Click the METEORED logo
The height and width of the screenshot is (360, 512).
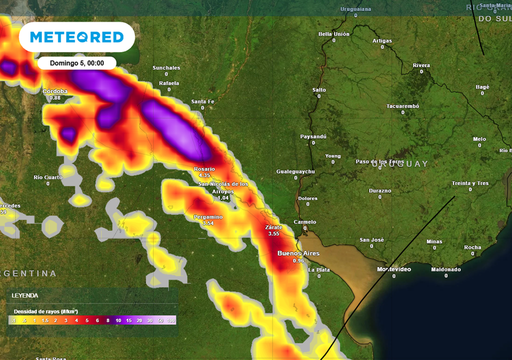point(76,37)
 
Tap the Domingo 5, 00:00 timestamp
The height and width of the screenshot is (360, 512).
point(77,63)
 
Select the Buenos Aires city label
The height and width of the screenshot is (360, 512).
point(298,253)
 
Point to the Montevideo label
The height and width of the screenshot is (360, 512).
point(394,269)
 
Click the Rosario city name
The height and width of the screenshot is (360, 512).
point(204,169)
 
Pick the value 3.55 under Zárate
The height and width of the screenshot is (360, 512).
point(273,233)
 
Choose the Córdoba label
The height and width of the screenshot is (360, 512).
point(55,91)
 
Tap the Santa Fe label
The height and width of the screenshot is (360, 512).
point(202,101)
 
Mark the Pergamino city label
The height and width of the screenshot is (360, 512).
point(208,217)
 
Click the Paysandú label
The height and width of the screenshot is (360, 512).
point(313,136)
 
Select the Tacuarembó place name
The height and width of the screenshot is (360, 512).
point(402,106)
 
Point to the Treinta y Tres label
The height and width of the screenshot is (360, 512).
point(470,183)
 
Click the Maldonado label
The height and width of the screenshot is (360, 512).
point(445,269)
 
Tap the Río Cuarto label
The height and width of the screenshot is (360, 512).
point(48,177)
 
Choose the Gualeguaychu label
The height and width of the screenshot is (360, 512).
point(295,171)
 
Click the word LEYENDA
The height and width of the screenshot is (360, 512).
point(24,295)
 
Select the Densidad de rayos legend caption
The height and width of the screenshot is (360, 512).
point(45,311)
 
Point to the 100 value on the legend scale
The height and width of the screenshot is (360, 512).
point(171,320)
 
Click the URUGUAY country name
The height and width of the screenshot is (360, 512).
point(400,164)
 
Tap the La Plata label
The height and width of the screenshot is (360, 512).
point(318,270)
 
